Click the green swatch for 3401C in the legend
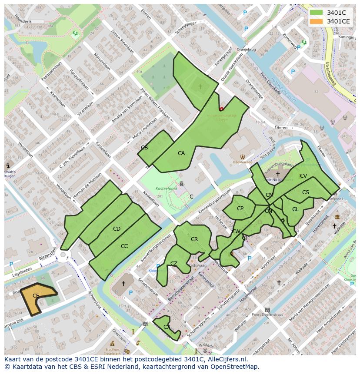point(317,13)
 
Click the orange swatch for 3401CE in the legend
point(317,21)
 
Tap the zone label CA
point(181,153)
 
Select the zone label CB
point(144,148)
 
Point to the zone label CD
point(117,229)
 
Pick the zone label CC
point(124,246)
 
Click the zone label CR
point(194,239)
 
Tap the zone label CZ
point(174,264)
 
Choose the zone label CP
point(240,209)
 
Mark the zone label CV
point(303,176)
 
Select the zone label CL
point(295,209)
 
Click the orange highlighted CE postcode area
point(36,296)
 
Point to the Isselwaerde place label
point(243,161)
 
